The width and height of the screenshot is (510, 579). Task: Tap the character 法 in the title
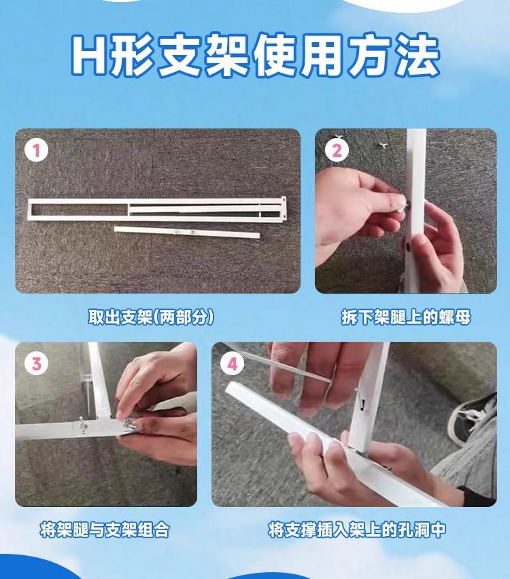[x=416, y=56]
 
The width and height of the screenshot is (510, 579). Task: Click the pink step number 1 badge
[x=36, y=151]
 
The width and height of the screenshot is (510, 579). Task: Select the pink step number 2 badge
[x=337, y=151]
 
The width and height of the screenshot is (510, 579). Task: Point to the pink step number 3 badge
[x=36, y=364]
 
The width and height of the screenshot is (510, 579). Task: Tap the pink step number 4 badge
[x=232, y=364]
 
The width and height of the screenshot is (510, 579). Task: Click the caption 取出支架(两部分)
[x=151, y=317]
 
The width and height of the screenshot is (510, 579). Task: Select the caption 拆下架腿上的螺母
[x=406, y=317]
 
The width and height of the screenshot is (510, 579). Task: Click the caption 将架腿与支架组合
[x=105, y=530]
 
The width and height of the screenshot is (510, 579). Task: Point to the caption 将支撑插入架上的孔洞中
[x=356, y=530]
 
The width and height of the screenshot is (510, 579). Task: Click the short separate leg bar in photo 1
[x=187, y=232]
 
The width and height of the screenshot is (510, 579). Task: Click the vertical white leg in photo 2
[x=415, y=211]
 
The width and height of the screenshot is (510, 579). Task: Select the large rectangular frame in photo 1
[x=156, y=209]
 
